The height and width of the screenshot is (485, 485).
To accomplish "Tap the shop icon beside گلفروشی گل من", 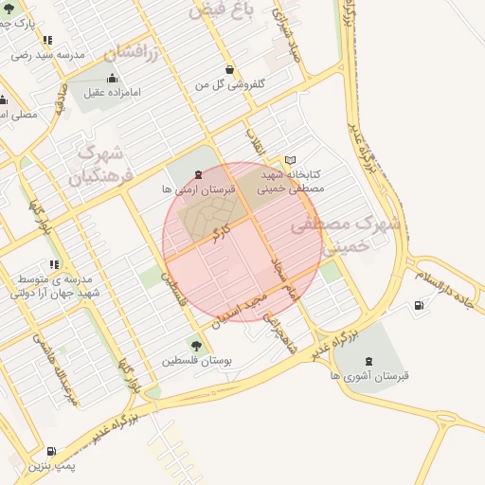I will coord(231,69).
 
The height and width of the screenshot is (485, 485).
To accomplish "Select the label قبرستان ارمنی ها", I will coord(197,189).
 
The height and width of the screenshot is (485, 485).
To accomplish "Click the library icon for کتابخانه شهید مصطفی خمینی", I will coord(291,160).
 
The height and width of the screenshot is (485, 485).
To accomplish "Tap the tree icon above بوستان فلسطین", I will coord(196,346).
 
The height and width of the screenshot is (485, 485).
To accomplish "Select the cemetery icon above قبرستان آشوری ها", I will coord(368,360).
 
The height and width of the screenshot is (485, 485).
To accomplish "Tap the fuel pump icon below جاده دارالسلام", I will coord(419,305).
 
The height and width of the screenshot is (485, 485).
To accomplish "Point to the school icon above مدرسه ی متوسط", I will coord(54,264).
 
